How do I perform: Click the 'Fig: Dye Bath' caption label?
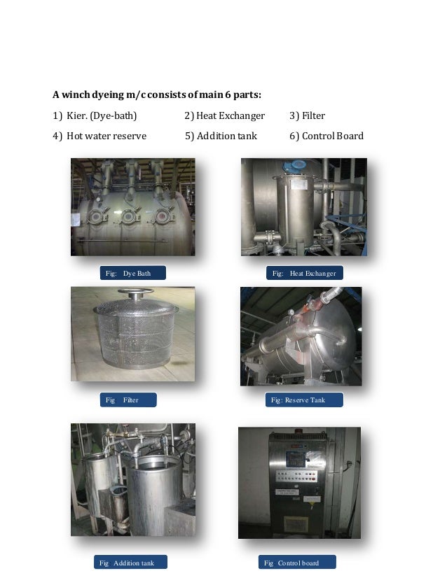(x=128, y=273)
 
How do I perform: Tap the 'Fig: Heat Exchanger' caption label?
(x=303, y=273)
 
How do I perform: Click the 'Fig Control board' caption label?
(x=297, y=563)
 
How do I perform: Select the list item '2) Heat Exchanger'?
(x=224, y=115)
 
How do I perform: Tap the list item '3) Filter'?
(x=307, y=115)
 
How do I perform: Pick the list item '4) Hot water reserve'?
(x=99, y=136)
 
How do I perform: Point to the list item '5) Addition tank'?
(x=221, y=136)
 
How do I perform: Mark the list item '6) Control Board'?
(x=326, y=136)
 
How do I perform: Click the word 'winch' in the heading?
(x=76, y=94)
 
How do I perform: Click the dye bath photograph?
(x=132, y=206)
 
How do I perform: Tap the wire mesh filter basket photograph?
(x=132, y=333)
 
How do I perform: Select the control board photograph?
(x=299, y=482)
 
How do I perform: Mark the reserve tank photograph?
(x=301, y=336)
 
